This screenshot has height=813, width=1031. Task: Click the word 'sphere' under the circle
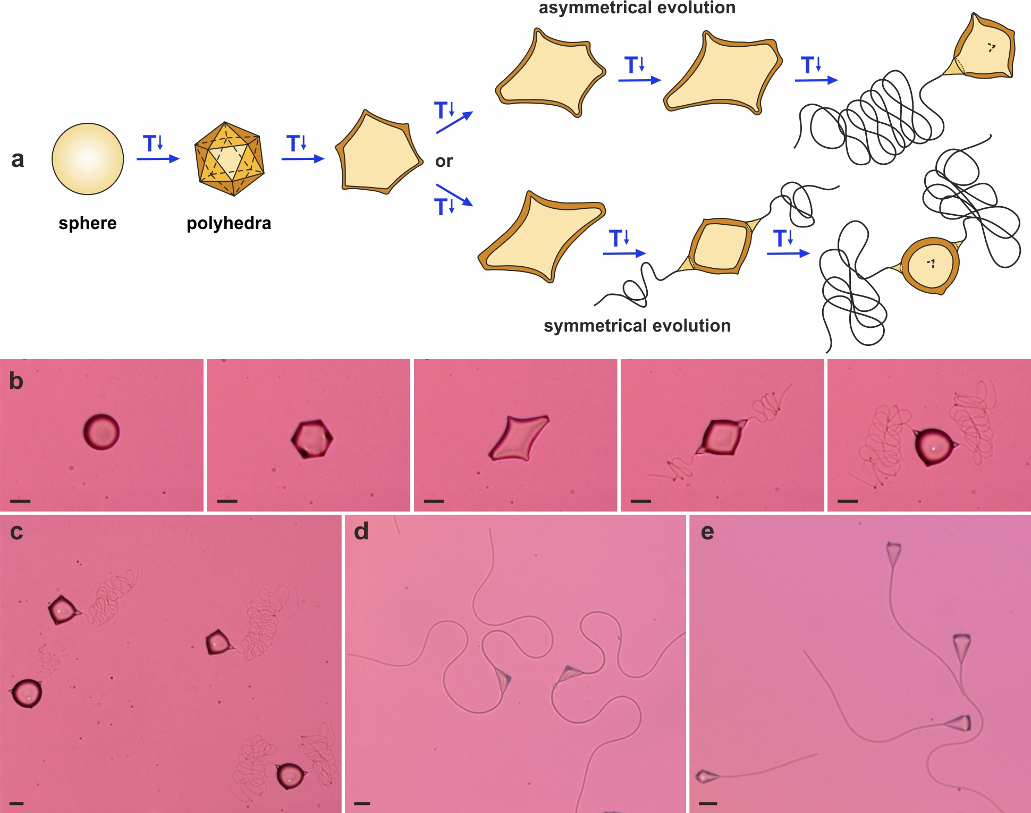coord(88,223)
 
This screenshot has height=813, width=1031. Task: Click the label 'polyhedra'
coord(229,223)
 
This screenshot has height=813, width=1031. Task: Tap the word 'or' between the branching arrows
coord(444,161)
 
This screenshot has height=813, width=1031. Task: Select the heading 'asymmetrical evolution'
coord(637,7)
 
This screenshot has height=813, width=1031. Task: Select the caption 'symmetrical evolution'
coord(637,325)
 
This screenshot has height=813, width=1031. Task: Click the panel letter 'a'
coord(18,159)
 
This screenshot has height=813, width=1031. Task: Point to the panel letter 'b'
coord(16,381)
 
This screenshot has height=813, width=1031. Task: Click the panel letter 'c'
coord(16,532)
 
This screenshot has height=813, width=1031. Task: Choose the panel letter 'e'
coord(707,532)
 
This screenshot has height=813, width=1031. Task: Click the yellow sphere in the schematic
coord(88,159)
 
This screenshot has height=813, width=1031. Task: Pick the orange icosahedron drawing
coord(230,159)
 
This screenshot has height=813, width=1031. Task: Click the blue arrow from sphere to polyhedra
coord(158,158)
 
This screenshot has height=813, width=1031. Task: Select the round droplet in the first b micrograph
coord(102,432)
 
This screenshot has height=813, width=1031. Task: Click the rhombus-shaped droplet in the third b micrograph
coord(519,438)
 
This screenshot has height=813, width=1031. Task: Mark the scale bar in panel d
coord(362,803)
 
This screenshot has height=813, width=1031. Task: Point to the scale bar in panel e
coord(708,803)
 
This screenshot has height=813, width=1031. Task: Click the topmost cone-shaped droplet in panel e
coord(894,554)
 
